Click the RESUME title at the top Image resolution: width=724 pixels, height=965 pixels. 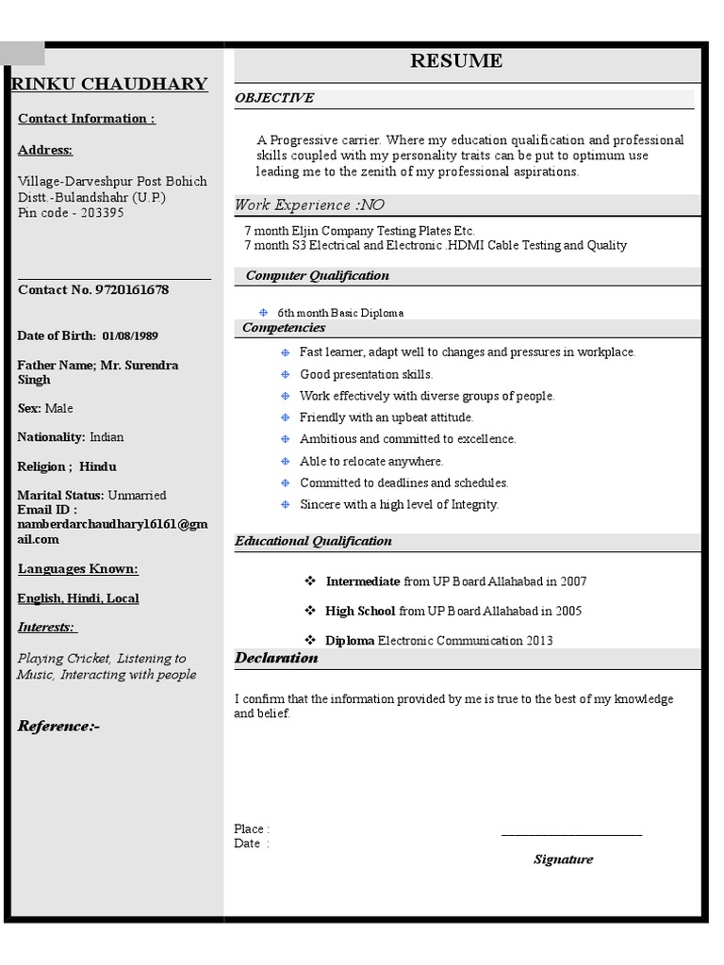click(456, 61)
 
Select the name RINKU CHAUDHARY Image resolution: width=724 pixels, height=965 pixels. click(109, 84)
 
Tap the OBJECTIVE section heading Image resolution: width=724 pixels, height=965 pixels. click(274, 98)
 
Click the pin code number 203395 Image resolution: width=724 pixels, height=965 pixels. click(102, 213)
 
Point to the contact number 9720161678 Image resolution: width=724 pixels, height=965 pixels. click(132, 290)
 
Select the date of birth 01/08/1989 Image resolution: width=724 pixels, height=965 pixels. click(130, 336)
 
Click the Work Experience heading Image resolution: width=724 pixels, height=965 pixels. click(309, 205)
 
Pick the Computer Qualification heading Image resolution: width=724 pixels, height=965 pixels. click(317, 276)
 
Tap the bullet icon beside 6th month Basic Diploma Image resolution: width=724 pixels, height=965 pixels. click(264, 313)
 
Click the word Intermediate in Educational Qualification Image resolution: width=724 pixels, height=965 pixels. click(363, 582)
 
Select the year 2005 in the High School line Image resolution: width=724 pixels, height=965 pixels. click(568, 612)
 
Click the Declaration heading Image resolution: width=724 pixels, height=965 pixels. click(276, 658)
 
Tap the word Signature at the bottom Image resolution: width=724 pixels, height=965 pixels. click(563, 859)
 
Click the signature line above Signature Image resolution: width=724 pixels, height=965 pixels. click(571, 835)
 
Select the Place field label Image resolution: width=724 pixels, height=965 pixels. click(251, 829)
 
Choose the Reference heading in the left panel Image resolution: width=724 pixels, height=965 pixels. click(58, 727)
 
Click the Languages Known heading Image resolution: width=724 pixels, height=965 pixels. click(78, 569)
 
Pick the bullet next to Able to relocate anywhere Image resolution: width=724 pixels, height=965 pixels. click(286, 462)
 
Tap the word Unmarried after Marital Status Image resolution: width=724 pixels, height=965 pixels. click(137, 496)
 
